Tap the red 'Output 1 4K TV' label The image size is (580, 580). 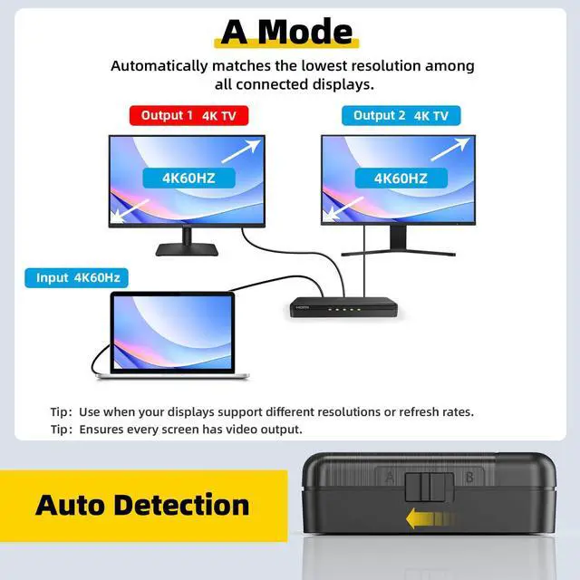[x=188, y=116]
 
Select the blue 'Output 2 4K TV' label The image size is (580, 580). [x=401, y=116]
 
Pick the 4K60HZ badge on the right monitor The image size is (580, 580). [x=401, y=178]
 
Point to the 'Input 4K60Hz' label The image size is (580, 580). [x=77, y=277]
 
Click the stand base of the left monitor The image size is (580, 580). [x=188, y=249]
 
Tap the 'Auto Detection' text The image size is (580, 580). [x=142, y=505]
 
